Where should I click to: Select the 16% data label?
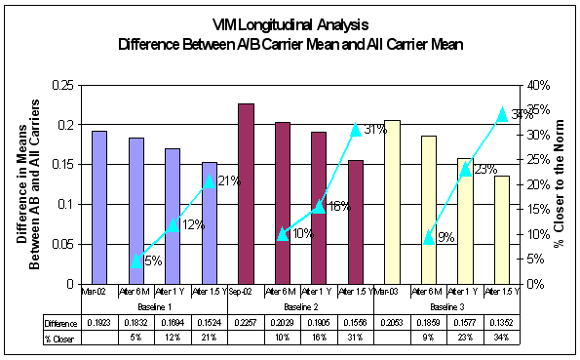338,206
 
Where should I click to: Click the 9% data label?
445,237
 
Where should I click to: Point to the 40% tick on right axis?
539,85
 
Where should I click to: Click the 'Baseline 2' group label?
300,306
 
